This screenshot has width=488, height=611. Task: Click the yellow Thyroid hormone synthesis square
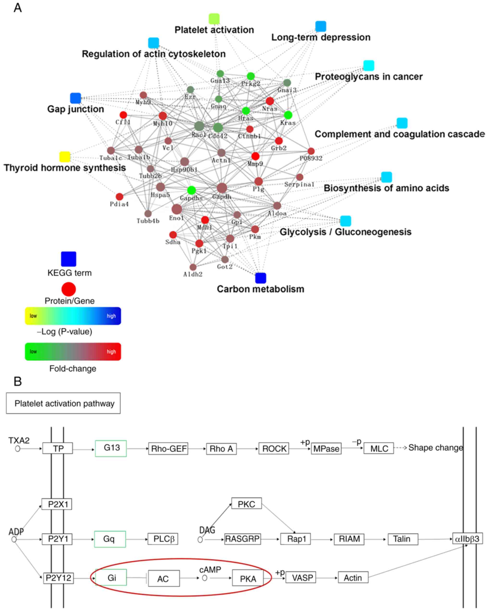click(x=65, y=157)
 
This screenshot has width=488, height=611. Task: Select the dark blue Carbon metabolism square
click(x=260, y=278)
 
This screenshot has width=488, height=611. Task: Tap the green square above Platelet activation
click(x=214, y=19)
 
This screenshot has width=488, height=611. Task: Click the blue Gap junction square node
click(x=75, y=98)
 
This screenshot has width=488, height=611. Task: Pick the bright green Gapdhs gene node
click(x=191, y=190)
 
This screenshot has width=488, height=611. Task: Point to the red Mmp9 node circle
click(x=255, y=156)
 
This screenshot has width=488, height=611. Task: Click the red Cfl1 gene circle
click(x=123, y=115)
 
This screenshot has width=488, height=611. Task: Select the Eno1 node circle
click(x=177, y=209)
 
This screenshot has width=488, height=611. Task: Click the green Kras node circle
click(x=288, y=115)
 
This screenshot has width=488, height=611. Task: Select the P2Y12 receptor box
click(x=58, y=578)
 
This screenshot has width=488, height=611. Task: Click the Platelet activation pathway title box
click(x=63, y=403)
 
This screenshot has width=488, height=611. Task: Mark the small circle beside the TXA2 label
click(x=18, y=449)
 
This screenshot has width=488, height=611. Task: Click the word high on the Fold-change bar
click(x=111, y=352)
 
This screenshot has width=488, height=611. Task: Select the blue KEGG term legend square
click(x=69, y=259)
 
